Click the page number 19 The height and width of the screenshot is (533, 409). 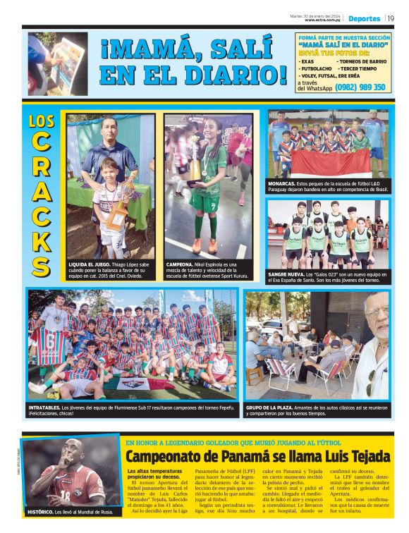[390, 18]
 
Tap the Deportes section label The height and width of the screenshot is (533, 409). [365, 18]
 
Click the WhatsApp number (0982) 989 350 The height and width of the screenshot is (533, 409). [360, 87]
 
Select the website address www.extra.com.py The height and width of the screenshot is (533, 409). [324, 20]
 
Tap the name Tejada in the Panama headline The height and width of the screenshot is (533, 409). [366, 456]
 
